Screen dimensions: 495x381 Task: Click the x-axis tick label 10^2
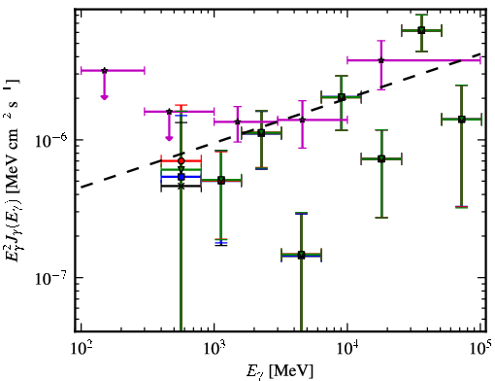81,349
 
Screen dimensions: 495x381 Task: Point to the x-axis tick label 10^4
347,349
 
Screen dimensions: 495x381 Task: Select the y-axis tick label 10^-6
51,141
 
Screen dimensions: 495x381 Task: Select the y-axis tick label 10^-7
51,278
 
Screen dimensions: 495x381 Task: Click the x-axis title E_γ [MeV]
280,371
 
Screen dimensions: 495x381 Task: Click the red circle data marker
181,161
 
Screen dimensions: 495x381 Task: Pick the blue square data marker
181,177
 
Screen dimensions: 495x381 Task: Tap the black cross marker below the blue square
181,186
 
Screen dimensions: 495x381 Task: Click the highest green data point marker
421,30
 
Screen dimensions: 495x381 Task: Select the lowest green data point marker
301,255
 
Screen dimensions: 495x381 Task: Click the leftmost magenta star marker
104,70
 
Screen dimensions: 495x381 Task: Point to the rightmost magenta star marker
381,60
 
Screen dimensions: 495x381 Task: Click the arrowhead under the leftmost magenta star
104,97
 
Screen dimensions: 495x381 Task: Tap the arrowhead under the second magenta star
169,138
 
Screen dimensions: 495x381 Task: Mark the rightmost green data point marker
462,120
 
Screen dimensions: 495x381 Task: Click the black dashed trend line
280,121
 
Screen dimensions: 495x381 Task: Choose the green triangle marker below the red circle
181,169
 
